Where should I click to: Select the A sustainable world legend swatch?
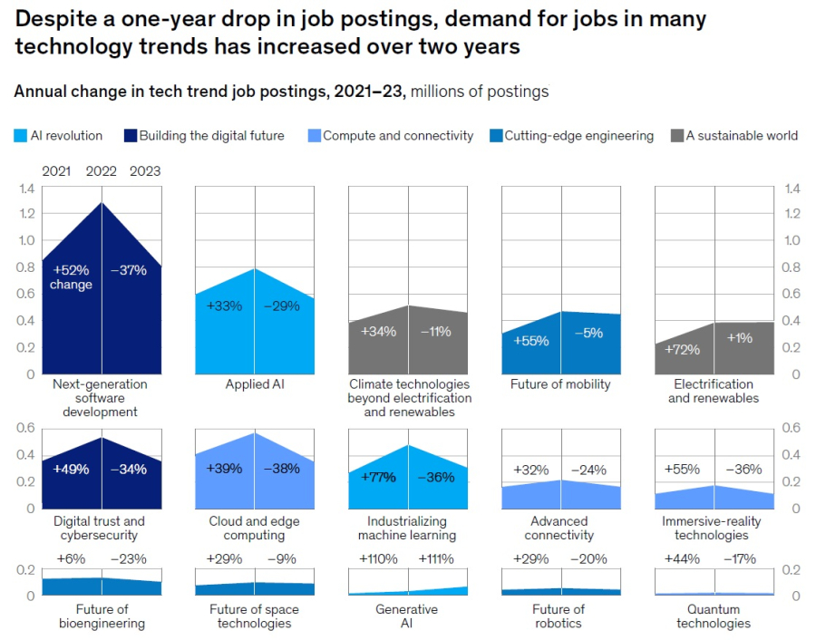pyautogui.click(x=676, y=136)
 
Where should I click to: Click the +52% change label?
pyautogui.click(x=72, y=277)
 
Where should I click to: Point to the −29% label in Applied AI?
pyautogui.click(x=282, y=306)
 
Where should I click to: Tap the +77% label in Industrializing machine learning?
pyautogui.click(x=378, y=477)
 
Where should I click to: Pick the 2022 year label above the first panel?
pyautogui.click(x=102, y=171)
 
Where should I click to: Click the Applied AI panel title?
pyautogui.click(x=254, y=384)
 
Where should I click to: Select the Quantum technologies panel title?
pyautogui.click(x=714, y=616)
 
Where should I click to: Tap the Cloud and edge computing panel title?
pyautogui.click(x=254, y=528)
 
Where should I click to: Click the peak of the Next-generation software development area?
pyautogui.click(x=102, y=202)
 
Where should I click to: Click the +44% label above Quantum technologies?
pyautogui.click(x=683, y=559)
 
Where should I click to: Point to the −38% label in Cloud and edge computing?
pyautogui.click(x=282, y=469)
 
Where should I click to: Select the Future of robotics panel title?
pyautogui.click(x=559, y=616)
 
